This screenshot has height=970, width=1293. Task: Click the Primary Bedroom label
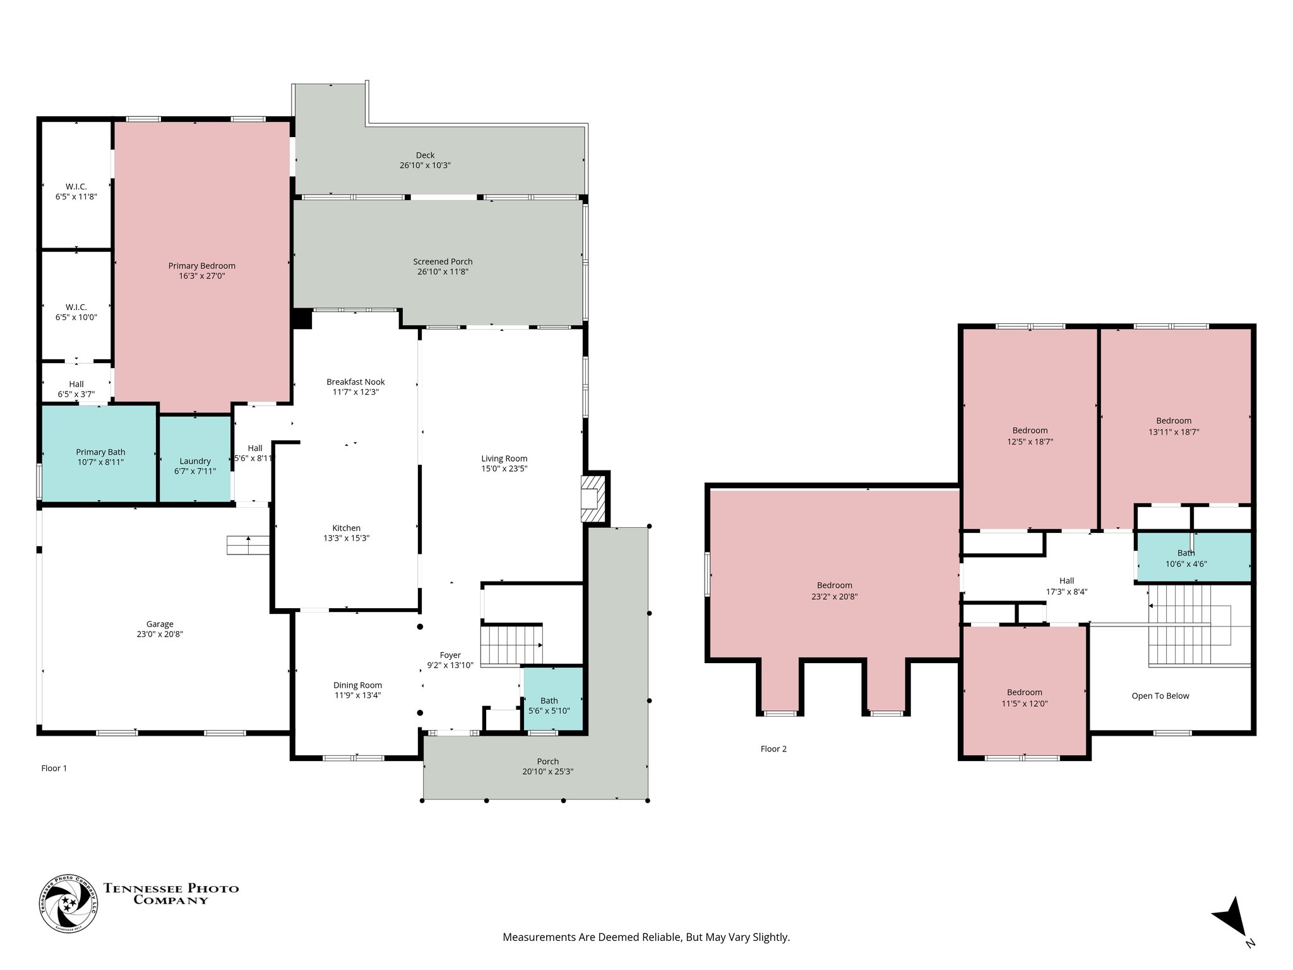201,266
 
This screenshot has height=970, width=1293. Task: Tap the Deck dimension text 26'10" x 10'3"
425,165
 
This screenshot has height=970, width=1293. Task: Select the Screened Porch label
443,261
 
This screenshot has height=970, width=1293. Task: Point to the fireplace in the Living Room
593,499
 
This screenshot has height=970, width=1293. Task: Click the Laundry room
194,458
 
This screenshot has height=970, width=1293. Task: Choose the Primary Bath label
100,452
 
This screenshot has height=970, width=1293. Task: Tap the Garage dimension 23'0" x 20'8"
160,634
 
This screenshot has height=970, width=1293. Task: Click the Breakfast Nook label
355,381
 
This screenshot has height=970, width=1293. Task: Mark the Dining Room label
357,685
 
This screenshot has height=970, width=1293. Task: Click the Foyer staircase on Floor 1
511,645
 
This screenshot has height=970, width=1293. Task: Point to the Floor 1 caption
54,768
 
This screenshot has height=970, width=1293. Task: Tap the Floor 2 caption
773,749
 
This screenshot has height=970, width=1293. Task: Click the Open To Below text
1160,696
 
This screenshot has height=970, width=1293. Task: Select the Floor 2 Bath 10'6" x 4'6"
1193,557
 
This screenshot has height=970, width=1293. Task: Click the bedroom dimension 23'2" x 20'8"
835,596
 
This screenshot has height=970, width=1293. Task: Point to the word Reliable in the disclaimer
663,937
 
